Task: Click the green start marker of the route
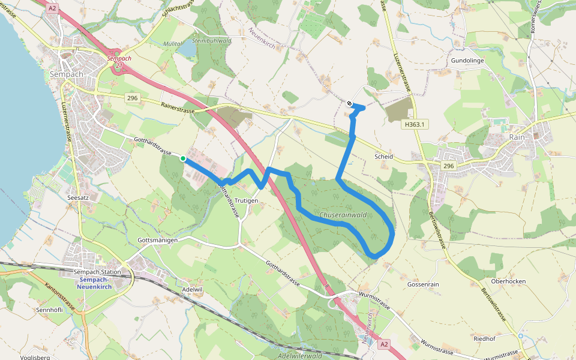click(182, 158)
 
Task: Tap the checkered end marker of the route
click(349, 103)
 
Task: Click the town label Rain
click(517, 137)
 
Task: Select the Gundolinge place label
click(467, 61)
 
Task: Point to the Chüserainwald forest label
click(343, 215)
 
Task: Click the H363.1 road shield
click(414, 124)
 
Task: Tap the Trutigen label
click(246, 200)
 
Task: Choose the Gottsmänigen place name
click(157, 240)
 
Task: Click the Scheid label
click(383, 157)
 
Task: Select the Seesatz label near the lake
click(79, 196)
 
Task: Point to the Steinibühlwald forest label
click(212, 41)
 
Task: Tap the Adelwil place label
click(193, 289)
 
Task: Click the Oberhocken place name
click(508, 281)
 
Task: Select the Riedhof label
click(484, 338)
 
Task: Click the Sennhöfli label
click(50, 310)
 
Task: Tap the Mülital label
click(173, 43)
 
